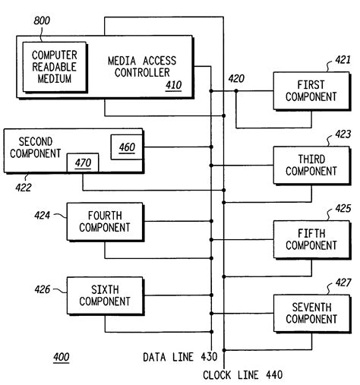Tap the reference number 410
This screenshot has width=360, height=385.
173,85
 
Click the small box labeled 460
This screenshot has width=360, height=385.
126,147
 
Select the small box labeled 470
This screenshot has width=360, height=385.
82,162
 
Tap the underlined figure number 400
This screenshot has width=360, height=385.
61,357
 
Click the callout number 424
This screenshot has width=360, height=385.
42,216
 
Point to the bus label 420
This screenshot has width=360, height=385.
236,77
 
